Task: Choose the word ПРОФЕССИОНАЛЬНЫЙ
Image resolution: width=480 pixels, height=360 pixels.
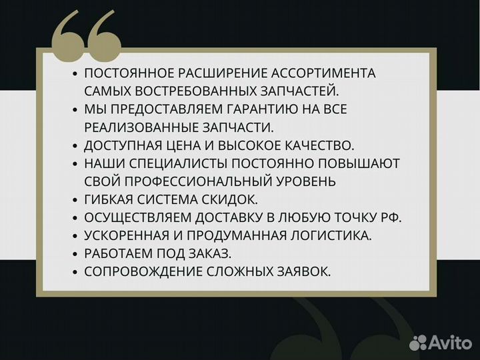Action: (x=197, y=181)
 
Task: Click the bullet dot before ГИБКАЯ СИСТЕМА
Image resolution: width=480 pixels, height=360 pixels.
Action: (x=75, y=199)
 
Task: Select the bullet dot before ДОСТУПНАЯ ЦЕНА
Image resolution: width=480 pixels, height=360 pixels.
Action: (x=75, y=145)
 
